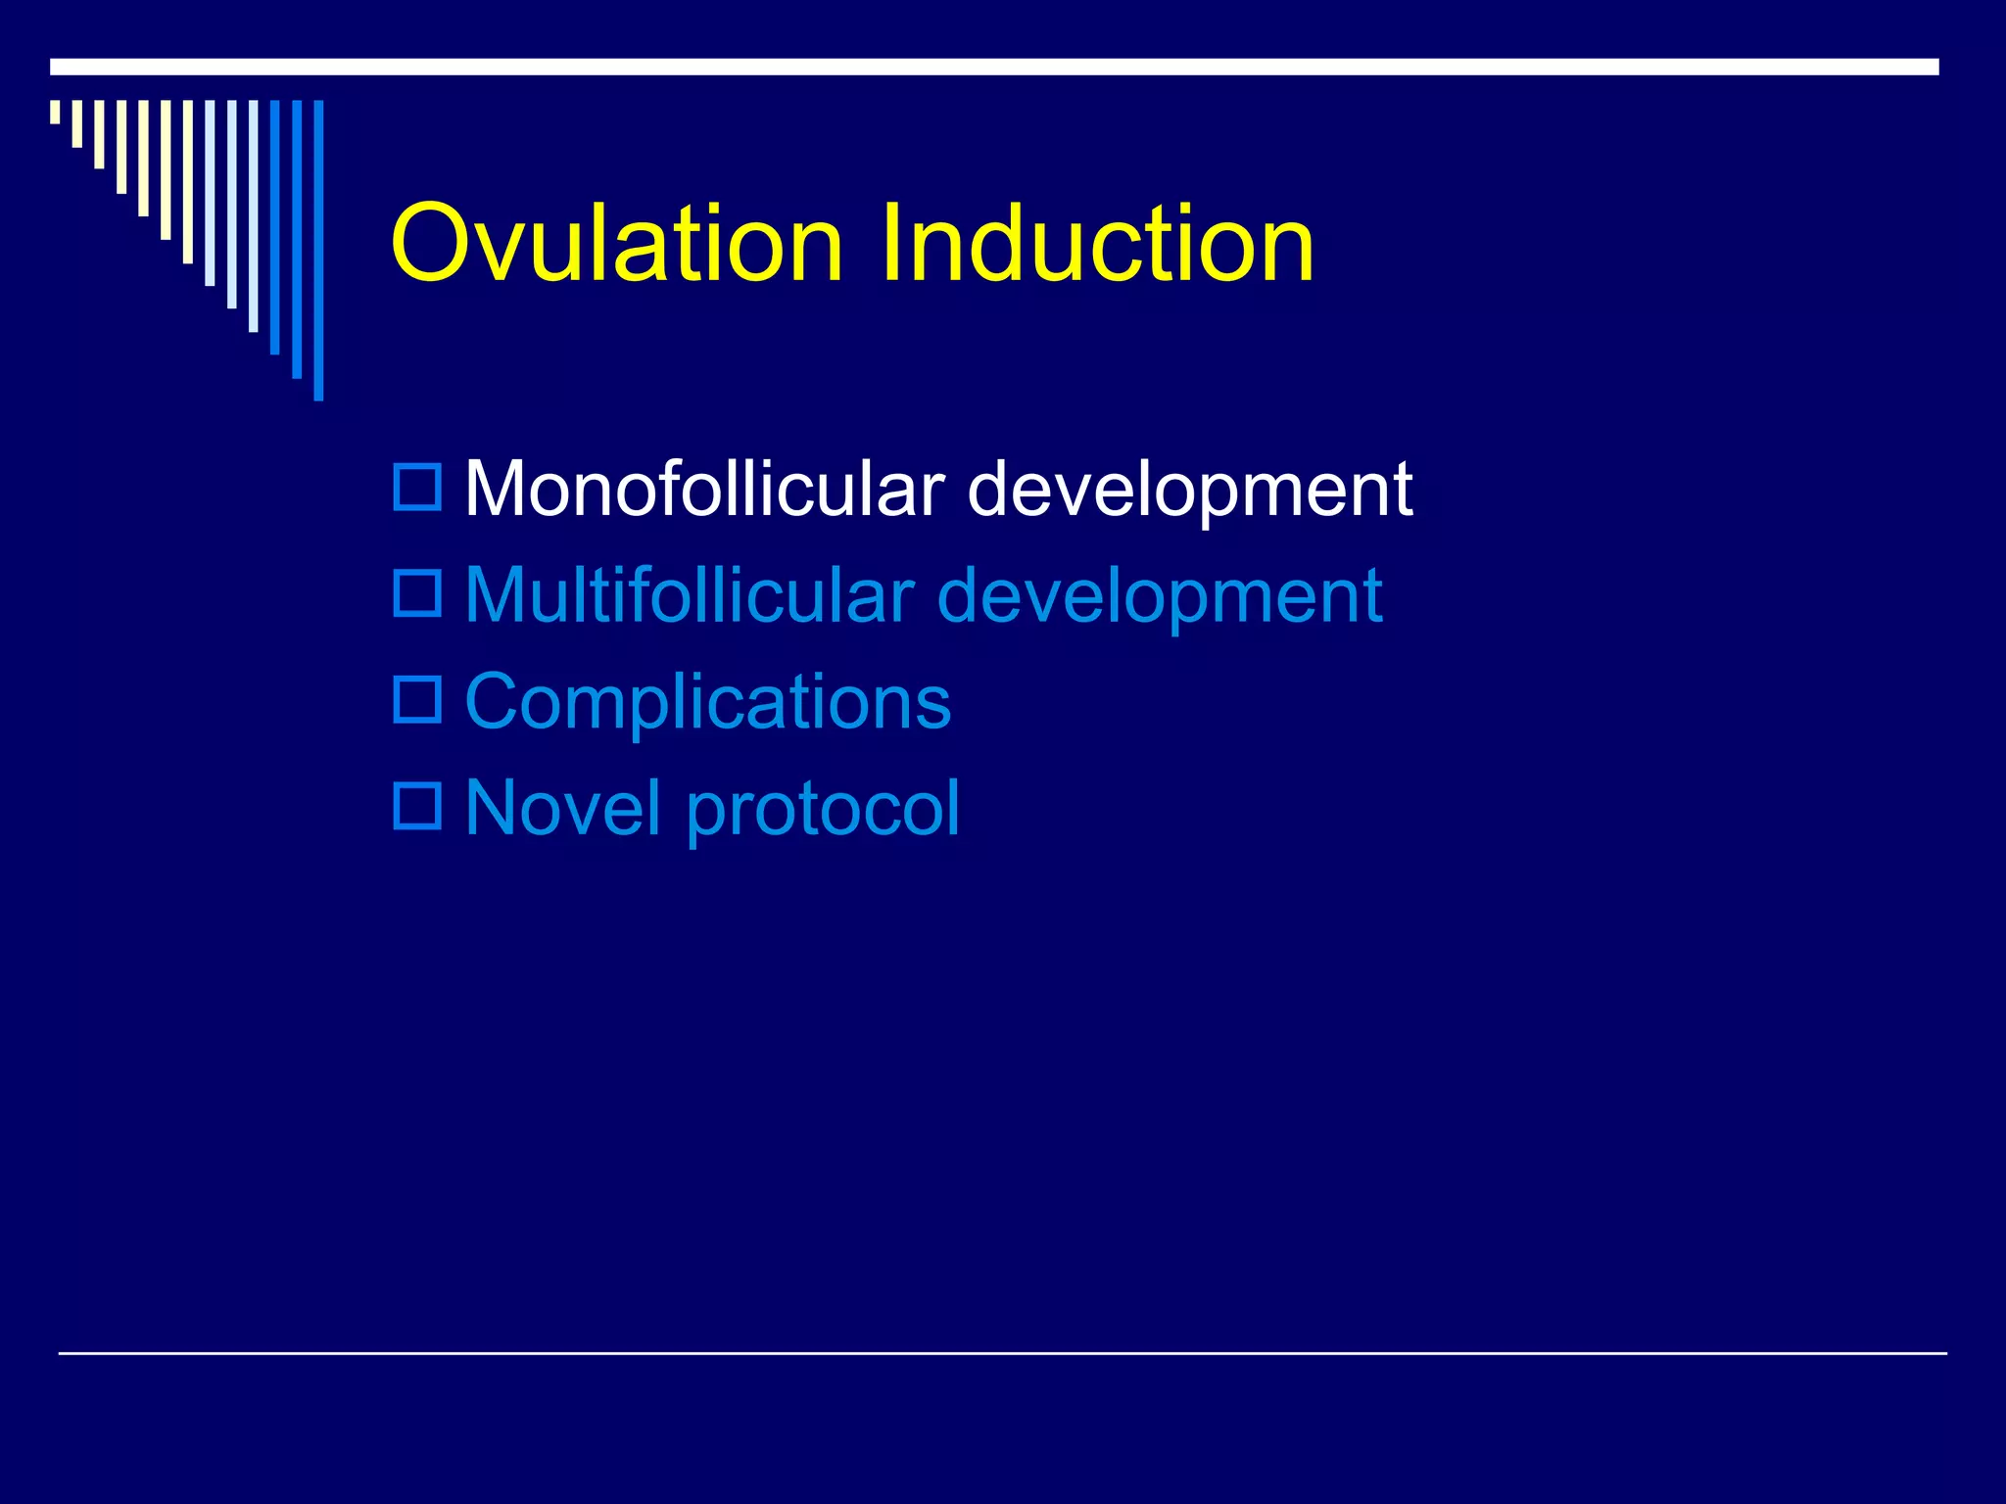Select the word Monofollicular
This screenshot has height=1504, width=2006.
pyautogui.click(x=704, y=489)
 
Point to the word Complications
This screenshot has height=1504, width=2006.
pyautogui.click(x=707, y=703)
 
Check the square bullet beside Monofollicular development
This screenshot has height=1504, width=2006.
pyautogui.click(x=417, y=487)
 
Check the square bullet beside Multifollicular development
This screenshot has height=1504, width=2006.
pyautogui.click(x=417, y=592)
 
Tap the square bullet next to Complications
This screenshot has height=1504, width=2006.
pyautogui.click(x=417, y=699)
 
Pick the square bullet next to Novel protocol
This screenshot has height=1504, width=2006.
pyautogui.click(x=417, y=806)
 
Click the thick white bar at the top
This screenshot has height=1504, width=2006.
pyautogui.click(x=993, y=67)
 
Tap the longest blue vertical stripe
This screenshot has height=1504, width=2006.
pyautogui.click(x=318, y=250)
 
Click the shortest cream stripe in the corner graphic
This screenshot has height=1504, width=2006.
pyautogui.click(x=55, y=112)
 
